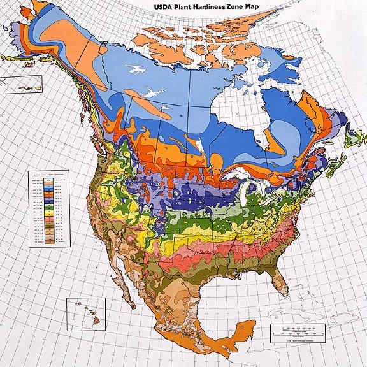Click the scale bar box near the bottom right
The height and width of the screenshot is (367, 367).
pyautogui.click(x=298, y=332)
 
